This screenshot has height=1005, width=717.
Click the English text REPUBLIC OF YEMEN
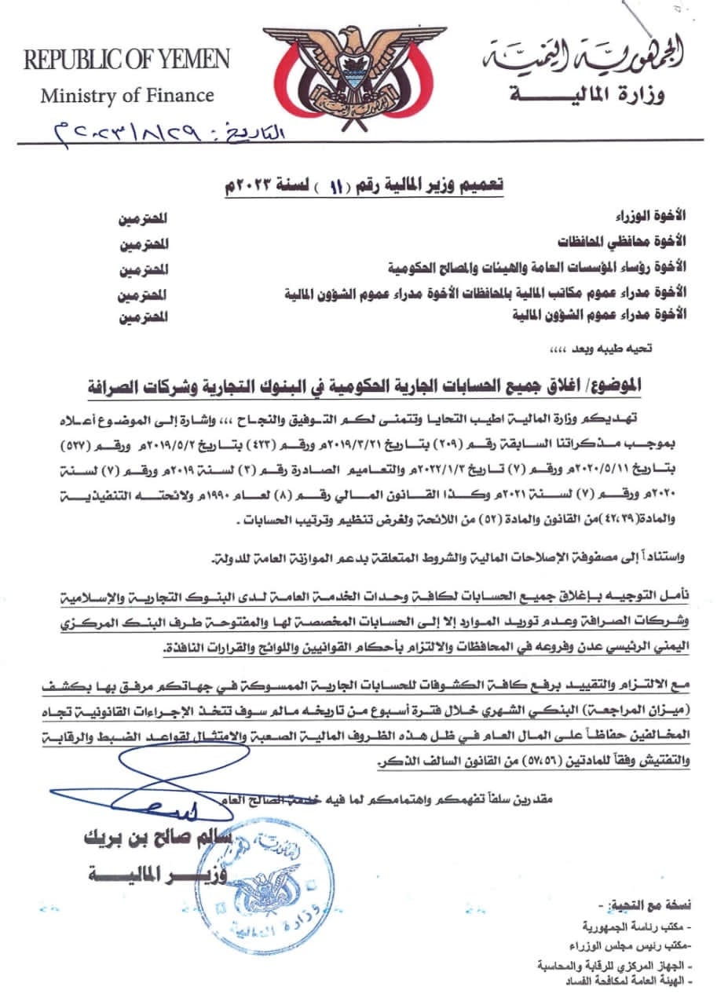[127, 60]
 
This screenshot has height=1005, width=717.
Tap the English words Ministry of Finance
[127, 96]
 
